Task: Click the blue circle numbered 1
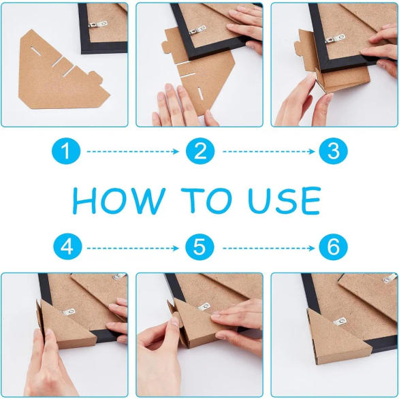[66, 151]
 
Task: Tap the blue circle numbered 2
[200, 151]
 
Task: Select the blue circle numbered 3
[333, 151]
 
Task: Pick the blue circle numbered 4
[67, 247]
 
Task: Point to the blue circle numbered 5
[199, 247]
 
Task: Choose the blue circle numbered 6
[333, 247]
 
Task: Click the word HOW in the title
[119, 201]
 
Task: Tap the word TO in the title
[206, 201]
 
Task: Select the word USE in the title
[284, 201]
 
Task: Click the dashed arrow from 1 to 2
[133, 152]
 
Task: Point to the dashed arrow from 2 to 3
[269, 152]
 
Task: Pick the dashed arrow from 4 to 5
[133, 248]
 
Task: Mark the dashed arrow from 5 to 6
[269, 248]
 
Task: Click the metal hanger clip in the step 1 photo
[98, 25]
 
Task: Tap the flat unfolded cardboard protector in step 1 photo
[61, 71]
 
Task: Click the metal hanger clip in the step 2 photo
[197, 30]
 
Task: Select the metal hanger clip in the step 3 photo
[335, 39]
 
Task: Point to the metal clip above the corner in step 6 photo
[340, 321]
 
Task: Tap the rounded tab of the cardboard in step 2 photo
[165, 46]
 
